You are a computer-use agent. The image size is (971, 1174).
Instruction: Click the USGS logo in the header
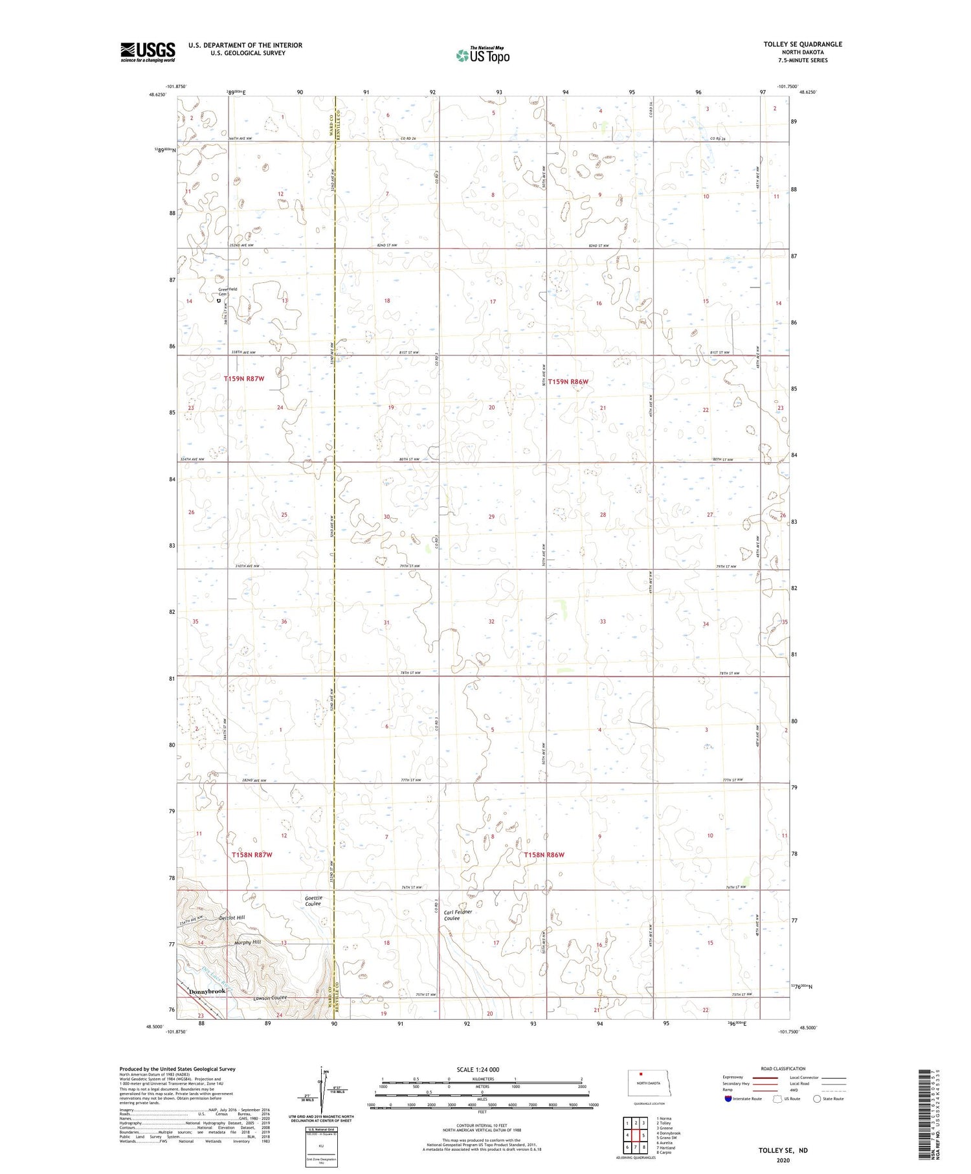(x=148, y=52)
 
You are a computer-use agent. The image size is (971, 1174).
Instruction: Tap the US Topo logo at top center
(x=482, y=55)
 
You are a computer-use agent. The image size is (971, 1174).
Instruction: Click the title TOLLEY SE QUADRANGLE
(x=803, y=44)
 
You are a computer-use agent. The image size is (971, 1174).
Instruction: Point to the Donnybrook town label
(x=206, y=991)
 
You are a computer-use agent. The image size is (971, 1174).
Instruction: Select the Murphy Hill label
(x=247, y=942)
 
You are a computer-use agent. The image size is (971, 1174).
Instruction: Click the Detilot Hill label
(x=232, y=918)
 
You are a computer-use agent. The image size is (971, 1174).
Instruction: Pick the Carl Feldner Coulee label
(x=458, y=915)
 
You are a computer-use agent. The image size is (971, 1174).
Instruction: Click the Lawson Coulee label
(x=270, y=998)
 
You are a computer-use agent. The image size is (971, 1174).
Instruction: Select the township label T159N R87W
(x=244, y=379)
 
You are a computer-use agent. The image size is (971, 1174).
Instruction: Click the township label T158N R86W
(x=544, y=855)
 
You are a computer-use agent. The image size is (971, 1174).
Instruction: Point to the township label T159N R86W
(x=568, y=382)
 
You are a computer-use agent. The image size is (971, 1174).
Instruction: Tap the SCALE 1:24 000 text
(x=478, y=1069)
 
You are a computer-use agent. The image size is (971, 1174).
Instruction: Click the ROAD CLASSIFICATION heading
(x=783, y=1068)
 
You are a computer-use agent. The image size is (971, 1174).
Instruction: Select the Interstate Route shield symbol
(x=728, y=1099)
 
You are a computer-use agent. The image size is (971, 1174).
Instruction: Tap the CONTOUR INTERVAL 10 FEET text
(x=482, y=1126)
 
